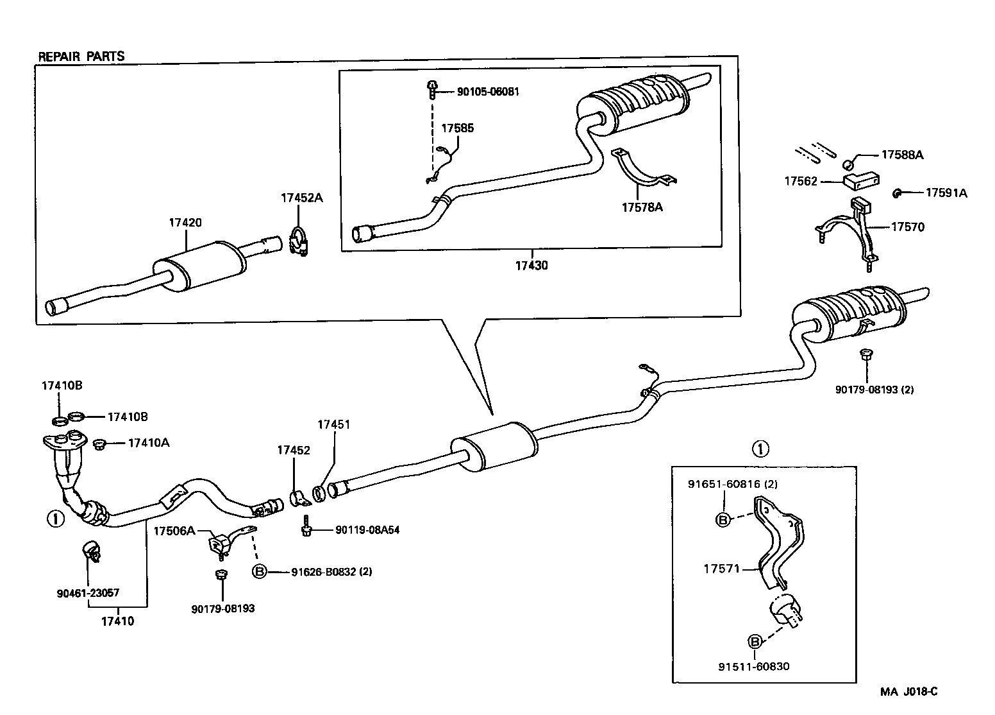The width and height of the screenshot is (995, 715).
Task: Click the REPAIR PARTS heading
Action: click(81, 56)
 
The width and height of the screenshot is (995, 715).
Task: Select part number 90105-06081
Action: click(488, 92)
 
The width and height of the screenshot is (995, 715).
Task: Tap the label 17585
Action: click(457, 128)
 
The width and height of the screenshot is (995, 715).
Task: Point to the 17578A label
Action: click(642, 207)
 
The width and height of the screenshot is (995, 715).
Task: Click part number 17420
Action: click(185, 222)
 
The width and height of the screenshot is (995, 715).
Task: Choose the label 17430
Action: click(531, 266)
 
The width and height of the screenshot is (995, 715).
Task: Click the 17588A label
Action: click(902, 155)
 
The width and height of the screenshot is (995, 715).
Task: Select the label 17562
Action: click(801, 181)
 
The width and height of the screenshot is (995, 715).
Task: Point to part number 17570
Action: click(908, 227)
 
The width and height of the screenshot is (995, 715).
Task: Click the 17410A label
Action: click(149, 443)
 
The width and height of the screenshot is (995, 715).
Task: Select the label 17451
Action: click(333, 425)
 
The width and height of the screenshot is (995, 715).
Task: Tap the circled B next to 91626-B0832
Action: click(260, 571)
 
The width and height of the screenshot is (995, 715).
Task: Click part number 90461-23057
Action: click(88, 592)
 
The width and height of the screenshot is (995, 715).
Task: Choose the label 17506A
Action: click(174, 531)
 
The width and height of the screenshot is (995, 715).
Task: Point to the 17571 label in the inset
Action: click(722, 569)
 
